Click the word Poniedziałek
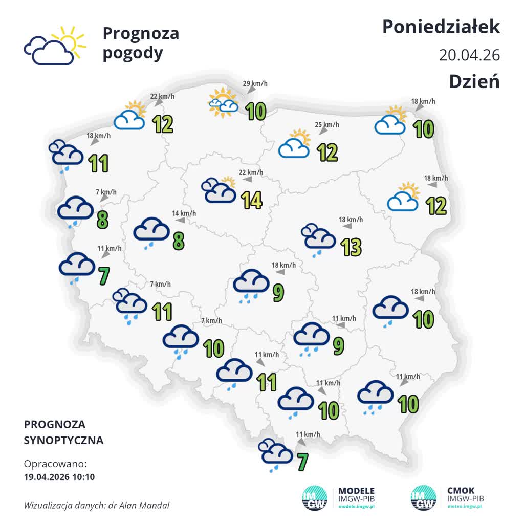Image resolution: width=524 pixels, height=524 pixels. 441,27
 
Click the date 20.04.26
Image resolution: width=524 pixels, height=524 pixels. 469,55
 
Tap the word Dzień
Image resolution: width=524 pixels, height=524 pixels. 474,81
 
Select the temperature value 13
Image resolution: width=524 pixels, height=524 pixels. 352,247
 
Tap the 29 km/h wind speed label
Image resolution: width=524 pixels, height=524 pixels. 255,83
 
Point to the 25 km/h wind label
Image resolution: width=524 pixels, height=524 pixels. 327,125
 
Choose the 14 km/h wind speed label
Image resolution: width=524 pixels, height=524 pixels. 184,213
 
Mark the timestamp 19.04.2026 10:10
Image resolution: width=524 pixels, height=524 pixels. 59,477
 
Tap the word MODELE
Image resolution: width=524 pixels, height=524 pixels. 357,490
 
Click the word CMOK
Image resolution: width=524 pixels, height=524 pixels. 461,490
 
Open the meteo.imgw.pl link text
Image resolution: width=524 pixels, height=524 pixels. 465,506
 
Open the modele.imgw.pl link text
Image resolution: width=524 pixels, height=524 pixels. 357,506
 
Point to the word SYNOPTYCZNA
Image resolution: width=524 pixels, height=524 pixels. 63,440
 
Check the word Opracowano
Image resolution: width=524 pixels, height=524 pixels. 55,464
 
